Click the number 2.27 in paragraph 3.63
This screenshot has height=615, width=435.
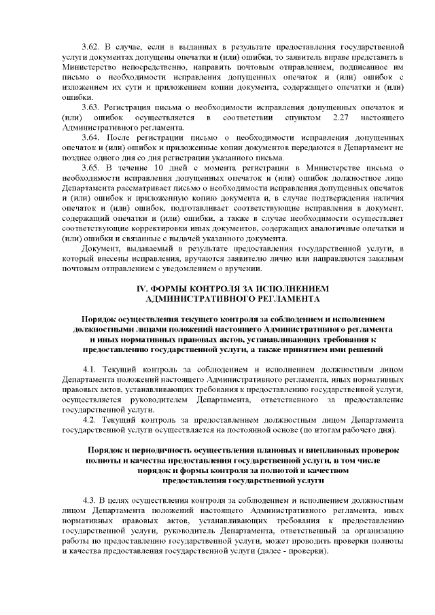pyautogui.click(x=335, y=118)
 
